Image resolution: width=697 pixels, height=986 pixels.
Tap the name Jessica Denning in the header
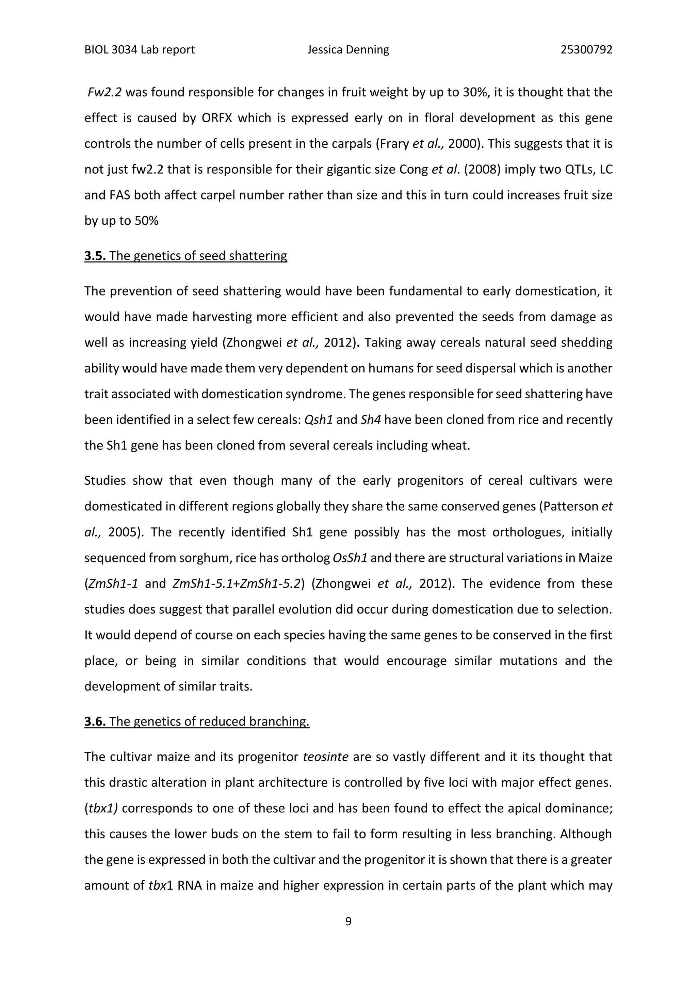pos(348,50)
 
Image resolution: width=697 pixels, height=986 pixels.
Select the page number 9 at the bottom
pos(348,921)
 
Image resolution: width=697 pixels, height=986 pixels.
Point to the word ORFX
pos(216,118)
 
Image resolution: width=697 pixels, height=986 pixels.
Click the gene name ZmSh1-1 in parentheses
pos(112,584)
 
